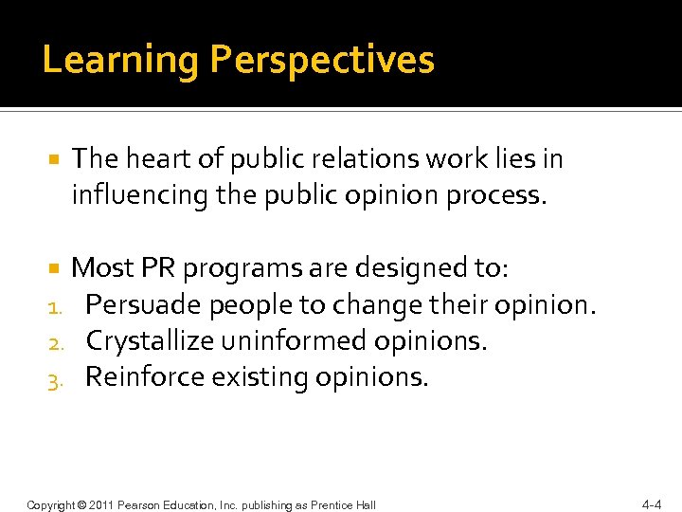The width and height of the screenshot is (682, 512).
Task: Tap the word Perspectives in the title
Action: click(322, 61)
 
